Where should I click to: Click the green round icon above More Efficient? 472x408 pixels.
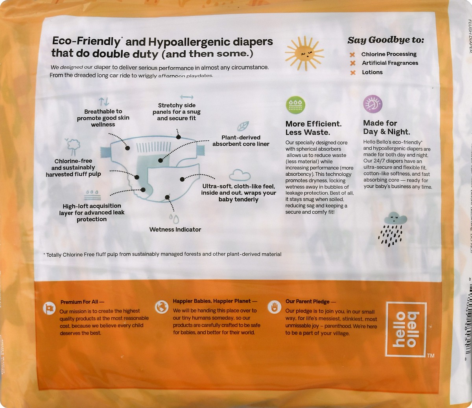coord(295,105)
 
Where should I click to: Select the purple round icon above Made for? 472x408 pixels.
coord(372,104)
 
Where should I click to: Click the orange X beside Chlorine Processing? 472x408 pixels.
coord(353,55)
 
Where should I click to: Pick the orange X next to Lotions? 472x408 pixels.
coord(353,72)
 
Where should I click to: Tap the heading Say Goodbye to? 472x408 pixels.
coord(385,40)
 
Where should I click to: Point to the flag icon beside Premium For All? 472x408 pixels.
coord(50,309)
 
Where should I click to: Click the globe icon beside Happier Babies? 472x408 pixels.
coord(162,307)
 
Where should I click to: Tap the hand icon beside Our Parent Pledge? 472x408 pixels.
coord(274,307)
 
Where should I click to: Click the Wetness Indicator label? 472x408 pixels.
coord(175,230)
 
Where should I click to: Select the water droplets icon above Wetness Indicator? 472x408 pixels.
coord(173,218)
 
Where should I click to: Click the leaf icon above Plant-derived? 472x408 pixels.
coord(243,126)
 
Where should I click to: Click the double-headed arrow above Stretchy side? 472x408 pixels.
coord(186,97)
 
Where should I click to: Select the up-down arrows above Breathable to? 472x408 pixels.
coord(103,102)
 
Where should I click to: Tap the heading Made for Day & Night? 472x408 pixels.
coord(386,127)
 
